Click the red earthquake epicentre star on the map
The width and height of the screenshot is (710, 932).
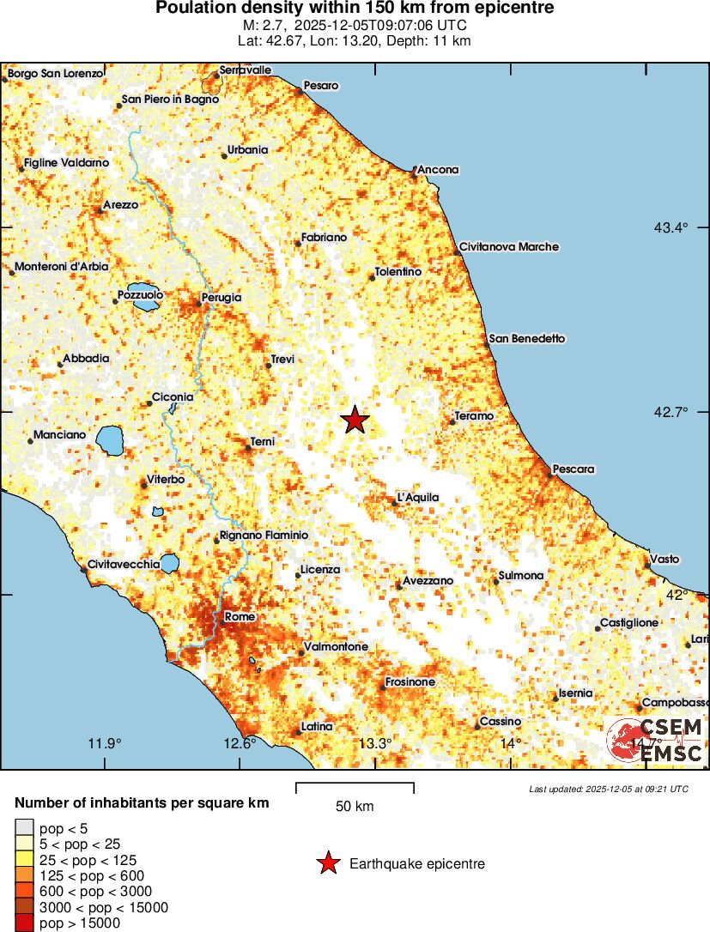(x=355, y=420)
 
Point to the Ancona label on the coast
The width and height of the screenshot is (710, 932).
(x=438, y=170)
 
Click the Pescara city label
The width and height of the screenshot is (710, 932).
(x=574, y=469)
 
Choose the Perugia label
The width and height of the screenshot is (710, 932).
(x=222, y=298)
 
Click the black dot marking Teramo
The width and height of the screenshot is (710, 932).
(x=452, y=421)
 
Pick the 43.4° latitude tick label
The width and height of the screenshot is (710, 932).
(x=671, y=227)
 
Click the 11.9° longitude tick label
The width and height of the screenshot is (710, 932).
(x=106, y=743)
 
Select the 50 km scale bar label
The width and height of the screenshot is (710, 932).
(x=355, y=807)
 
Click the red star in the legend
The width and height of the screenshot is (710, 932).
(x=327, y=863)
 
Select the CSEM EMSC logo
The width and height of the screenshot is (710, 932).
(x=657, y=741)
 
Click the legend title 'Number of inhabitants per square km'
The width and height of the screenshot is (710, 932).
(x=142, y=803)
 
